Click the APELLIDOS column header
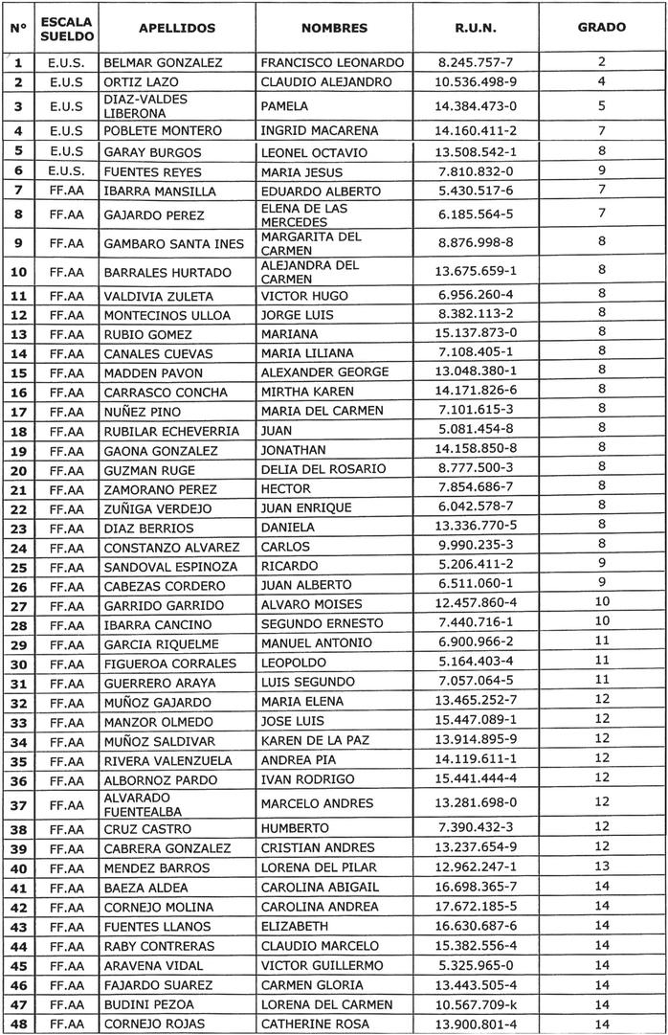click(177, 29)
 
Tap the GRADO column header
click(602, 28)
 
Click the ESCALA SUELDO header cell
click(67, 29)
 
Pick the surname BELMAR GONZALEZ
click(163, 62)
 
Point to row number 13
click(18, 334)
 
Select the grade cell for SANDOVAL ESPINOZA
click(602, 566)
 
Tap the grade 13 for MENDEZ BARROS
click(602, 867)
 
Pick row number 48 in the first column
click(18, 1024)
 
